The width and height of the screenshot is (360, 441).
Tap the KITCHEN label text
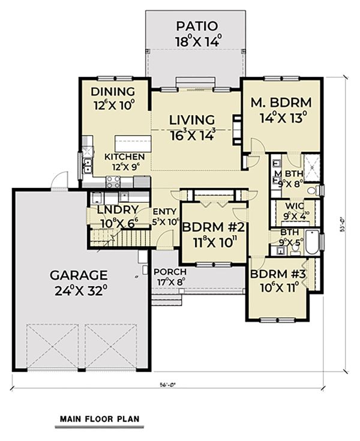[125, 157]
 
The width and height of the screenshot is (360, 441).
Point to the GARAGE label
[79, 275]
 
